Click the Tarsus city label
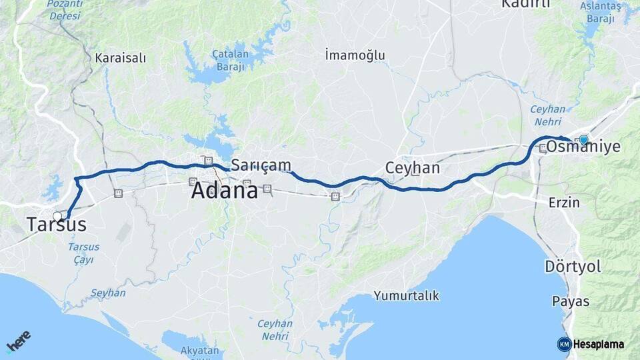click(57, 225)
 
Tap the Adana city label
click(224, 191)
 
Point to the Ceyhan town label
click(413, 168)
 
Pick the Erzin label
click(563, 202)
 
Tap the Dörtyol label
click(573, 267)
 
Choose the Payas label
click(571, 301)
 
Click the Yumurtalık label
click(406, 295)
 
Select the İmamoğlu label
click(355, 55)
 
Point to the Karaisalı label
click(120, 58)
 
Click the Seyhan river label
click(107, 293)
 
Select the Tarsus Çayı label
click(83, 253)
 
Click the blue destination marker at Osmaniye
click(583, 139)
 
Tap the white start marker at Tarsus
click(57, 216)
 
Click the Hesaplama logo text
click(598, 345)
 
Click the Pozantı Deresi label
click(65, 9)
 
